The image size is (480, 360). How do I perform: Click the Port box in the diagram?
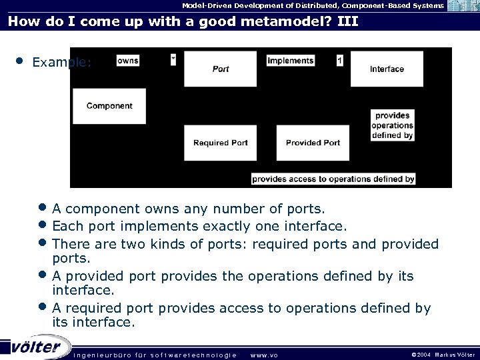(221, 69)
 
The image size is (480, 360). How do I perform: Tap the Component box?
(109, 106)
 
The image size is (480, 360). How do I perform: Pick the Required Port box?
(220, 143)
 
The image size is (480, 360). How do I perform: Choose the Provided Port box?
(313, 143)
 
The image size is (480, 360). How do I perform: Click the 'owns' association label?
(127, 61)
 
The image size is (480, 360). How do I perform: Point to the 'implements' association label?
(290, 61)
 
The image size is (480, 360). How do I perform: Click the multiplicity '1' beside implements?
(340, 61)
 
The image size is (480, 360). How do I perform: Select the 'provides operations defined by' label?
(393, 125)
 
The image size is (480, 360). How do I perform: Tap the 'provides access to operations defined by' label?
(333, 179)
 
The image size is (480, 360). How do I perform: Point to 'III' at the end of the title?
(347, 21)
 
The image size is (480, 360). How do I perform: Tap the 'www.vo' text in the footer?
(263, 355)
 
